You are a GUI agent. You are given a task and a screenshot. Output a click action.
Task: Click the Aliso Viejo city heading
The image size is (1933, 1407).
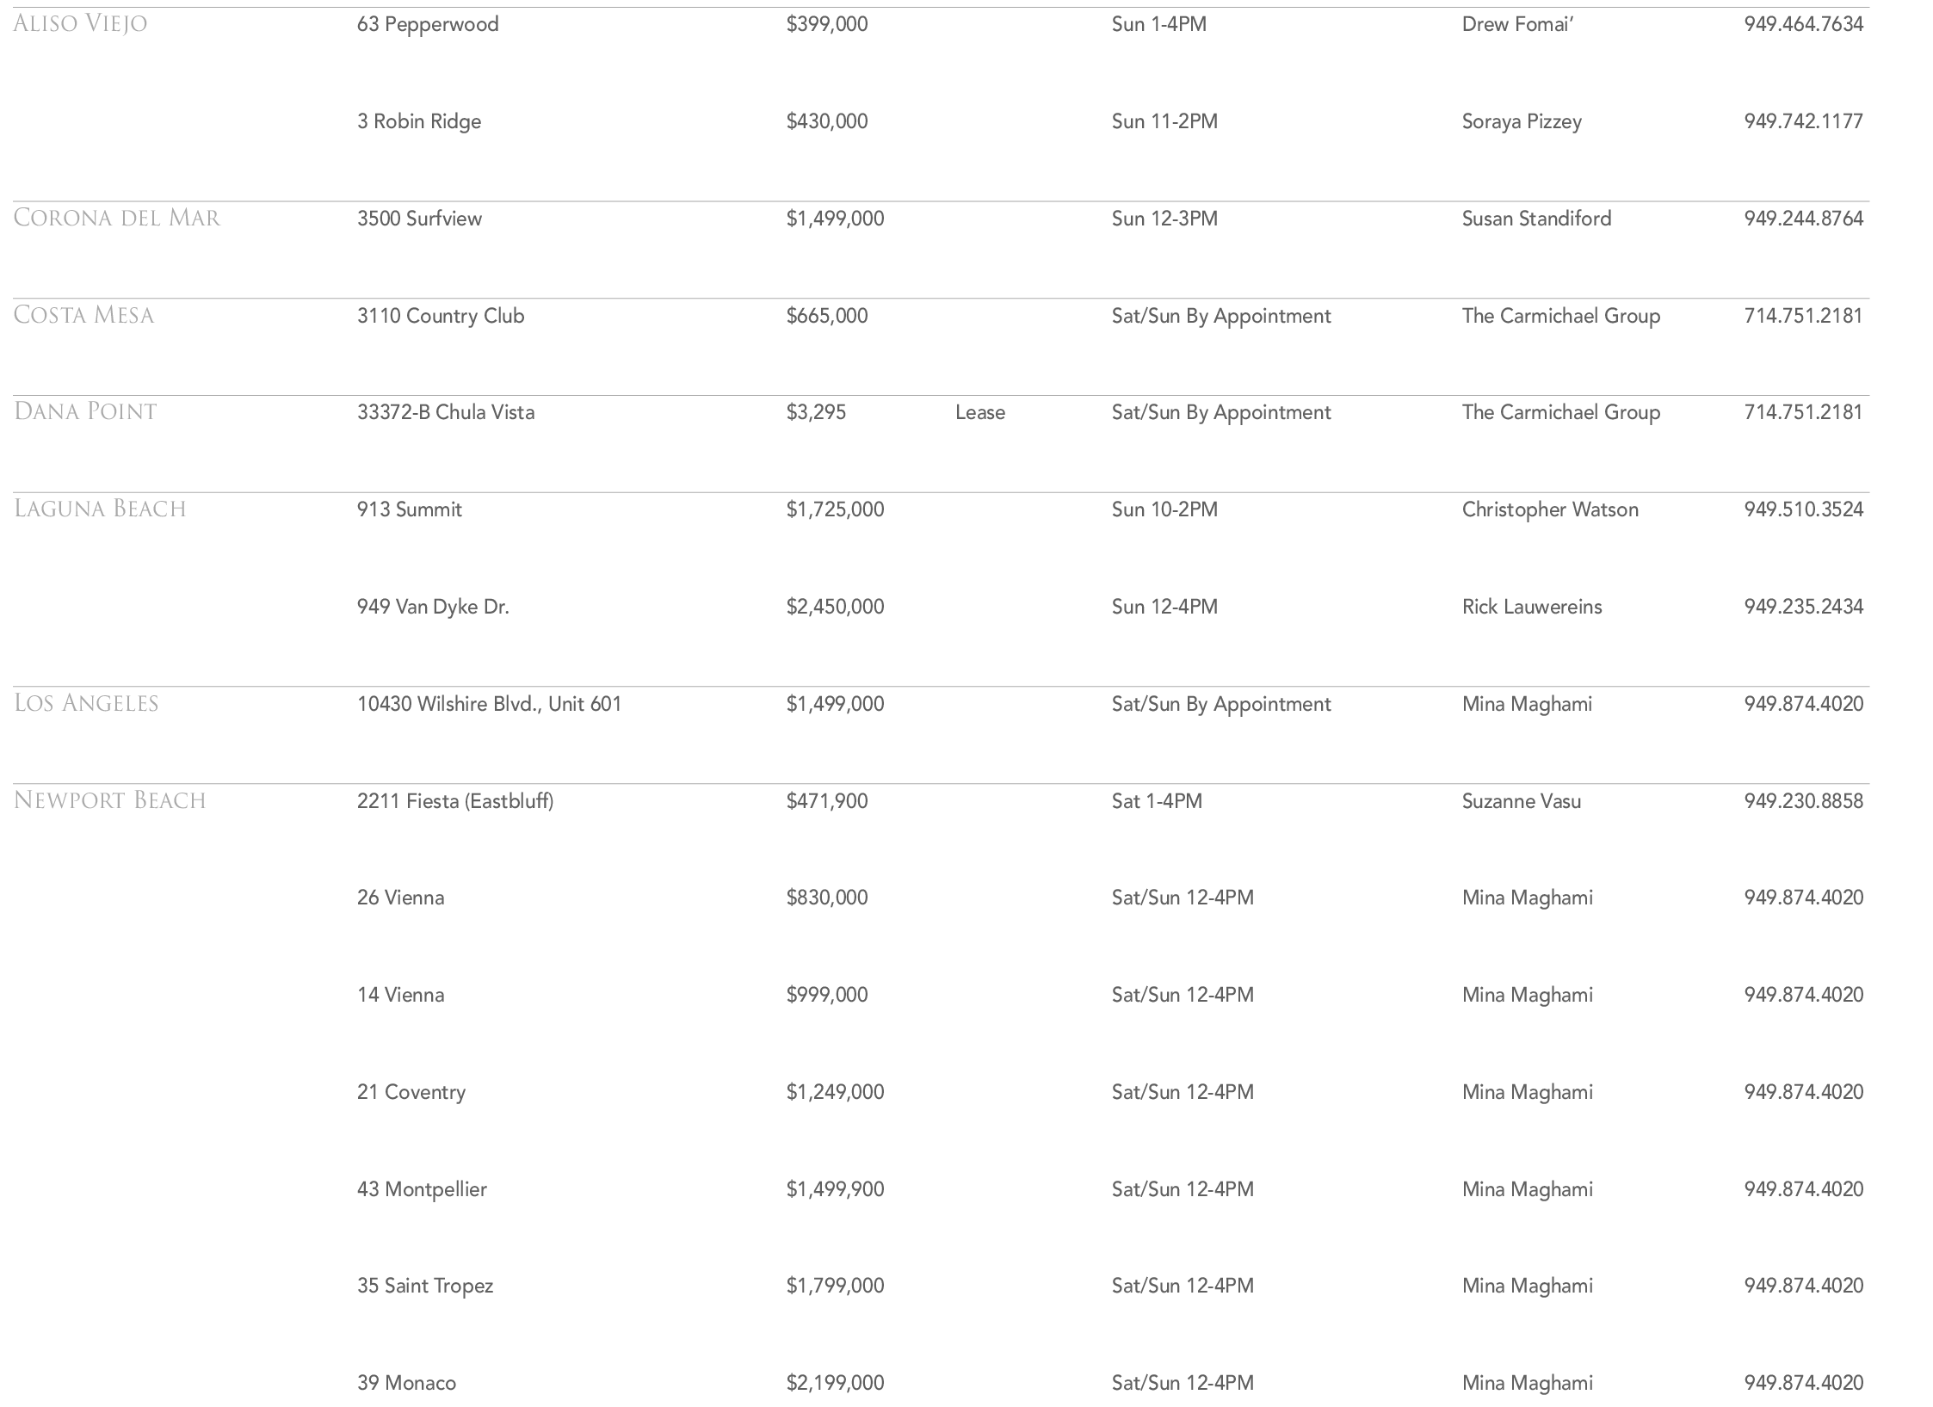coord(80,23)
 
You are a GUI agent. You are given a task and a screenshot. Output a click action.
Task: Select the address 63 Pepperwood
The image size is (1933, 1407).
coord(428,24)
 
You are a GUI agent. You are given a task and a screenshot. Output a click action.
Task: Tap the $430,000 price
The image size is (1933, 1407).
coord(826,121)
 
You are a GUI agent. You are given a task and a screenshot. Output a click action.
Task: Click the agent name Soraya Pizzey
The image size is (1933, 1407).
coord(1521,121)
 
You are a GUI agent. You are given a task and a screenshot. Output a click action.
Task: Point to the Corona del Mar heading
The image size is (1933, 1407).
coord(117,218)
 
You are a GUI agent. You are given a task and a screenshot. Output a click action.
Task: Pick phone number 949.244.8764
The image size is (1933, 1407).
coord(1803,219)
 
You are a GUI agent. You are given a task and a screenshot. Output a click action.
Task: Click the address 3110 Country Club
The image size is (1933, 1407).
coord(441,316)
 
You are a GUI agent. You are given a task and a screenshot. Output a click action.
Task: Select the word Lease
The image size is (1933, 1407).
coord(979,413)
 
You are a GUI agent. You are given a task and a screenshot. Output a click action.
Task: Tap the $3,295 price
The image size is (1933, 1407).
coord(815,413)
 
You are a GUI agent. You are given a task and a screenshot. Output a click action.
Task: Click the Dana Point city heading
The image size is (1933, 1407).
coord(85,412)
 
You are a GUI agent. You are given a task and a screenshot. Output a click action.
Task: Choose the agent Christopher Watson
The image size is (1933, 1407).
coord(1549,509)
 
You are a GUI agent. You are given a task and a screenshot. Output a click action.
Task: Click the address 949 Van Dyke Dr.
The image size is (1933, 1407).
coord(433,607)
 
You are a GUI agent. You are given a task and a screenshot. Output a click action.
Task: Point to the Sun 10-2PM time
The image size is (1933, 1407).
coord(1164,509)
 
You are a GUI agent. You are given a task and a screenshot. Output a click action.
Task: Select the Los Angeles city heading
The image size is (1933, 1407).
coord(86,704)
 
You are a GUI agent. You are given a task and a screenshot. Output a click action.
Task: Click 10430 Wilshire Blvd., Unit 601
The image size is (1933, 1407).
coord(489,704)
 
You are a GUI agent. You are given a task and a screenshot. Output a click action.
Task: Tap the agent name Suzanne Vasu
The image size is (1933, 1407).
coord(1521,801)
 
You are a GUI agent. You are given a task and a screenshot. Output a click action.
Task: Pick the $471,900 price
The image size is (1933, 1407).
coord(826,801)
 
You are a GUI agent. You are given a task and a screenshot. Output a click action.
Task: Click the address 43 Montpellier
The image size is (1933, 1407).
coord(422,1189)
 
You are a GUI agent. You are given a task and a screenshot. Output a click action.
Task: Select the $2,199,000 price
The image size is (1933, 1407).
coord(835,1383)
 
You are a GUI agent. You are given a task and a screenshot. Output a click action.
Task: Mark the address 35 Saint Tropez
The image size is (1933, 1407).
coord(425,1286)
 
